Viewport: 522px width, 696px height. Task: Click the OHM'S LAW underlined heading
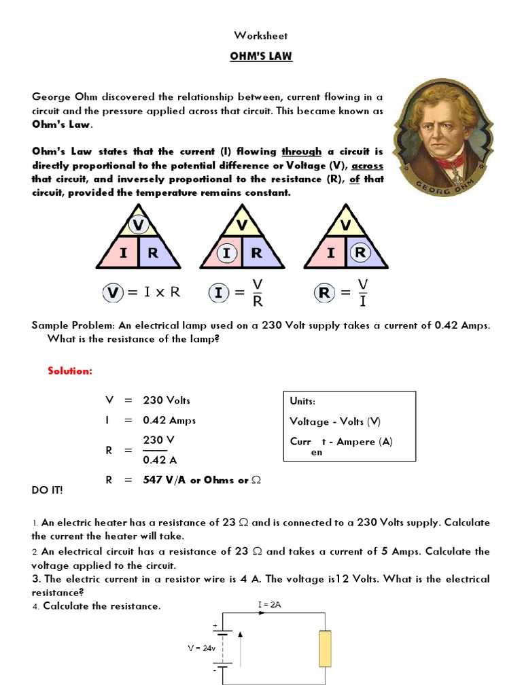pos(260,56)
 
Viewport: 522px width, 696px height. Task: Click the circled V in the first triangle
pos(139,224)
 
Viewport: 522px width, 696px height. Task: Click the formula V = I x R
pos(142,292)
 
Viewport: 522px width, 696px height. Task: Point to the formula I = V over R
pos(237,292)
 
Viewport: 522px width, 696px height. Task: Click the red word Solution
pos(69,370)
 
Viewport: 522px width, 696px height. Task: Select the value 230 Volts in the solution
pos(167,400)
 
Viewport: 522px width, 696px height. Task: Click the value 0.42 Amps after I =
pos(169,420)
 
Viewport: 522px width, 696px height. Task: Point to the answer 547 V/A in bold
pos(165,480)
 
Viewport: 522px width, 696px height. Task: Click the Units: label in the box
pos(302,402)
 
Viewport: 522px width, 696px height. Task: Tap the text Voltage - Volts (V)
pos(335,421)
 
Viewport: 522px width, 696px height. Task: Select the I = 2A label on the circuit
pos(270,604)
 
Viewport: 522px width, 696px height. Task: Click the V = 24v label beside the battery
pos(202,648)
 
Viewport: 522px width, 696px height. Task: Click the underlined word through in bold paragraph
pos(300,151)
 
